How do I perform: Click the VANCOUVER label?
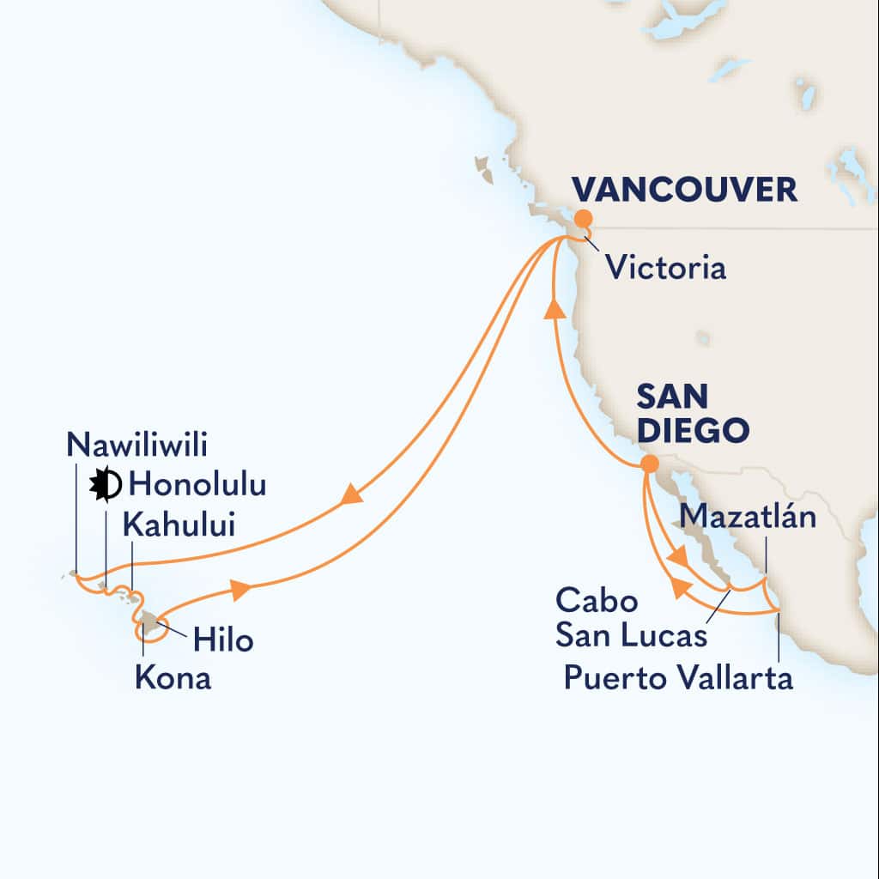pos(684,191)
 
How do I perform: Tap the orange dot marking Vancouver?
pos(583,218)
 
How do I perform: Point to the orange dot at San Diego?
pos(650,464)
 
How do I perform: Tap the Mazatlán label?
pos(746,518)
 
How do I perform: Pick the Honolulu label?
pos(197,485)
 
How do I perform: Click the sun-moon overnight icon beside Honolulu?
pos(106,486)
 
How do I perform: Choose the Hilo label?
pos(223,639)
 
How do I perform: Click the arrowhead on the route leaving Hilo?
pos(241,589)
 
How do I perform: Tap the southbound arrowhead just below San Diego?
pos(677,557)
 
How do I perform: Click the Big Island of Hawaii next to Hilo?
pos(151,622)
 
